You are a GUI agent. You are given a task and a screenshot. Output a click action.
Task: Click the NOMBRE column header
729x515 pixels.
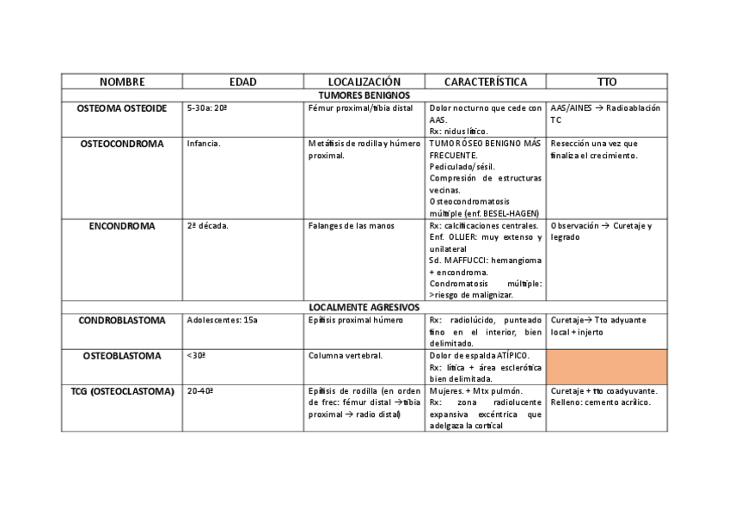[x=121, y=82]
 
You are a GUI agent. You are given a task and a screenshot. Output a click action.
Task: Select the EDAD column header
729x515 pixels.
[x=242, y=82]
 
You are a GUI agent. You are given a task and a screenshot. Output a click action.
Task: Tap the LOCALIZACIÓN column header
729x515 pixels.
[x=364, y=82]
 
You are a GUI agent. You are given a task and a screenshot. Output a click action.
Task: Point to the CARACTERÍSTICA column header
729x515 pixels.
[x=486, y=82]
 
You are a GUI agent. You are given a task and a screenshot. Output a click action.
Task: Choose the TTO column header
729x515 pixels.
[x=607, y=82]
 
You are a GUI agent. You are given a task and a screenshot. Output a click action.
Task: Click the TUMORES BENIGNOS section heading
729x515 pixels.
[x=364, y=95]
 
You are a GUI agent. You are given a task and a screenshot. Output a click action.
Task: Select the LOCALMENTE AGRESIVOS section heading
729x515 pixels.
[x=364, y=307]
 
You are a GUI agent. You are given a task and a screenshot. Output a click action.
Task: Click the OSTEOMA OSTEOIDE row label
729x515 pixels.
[x=121, y=109]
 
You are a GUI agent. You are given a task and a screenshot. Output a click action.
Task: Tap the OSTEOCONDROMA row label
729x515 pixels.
[x=121, y=144]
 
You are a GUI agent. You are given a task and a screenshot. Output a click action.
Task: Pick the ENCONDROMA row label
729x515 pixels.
[x=121, y=226]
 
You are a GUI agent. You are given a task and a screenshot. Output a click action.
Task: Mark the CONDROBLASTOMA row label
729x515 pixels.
[x=121, y=321]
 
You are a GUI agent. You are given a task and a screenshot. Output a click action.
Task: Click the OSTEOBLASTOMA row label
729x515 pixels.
[x=121, y=355]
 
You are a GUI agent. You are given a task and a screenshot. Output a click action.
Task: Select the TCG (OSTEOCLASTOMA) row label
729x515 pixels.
[x=121, y=391]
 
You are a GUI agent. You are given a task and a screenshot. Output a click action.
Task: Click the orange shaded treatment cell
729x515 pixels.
[x=607, y=366]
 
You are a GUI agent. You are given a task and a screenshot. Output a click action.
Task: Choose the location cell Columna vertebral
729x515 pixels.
[x=345, y=355]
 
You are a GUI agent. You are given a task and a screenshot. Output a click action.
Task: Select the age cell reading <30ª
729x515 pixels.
[x=197, y=355]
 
